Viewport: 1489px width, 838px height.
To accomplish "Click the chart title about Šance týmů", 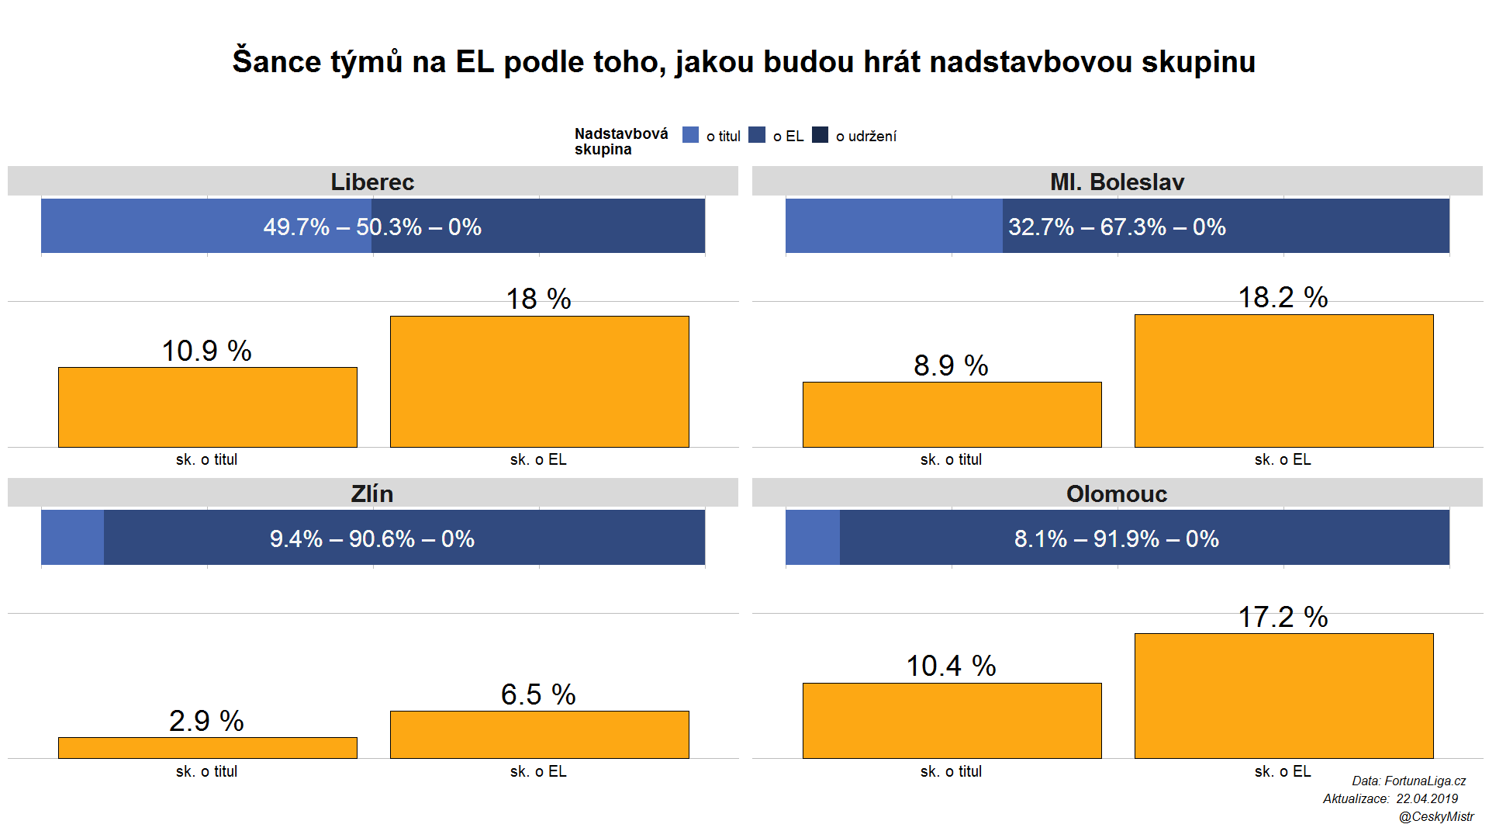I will click(744, 62).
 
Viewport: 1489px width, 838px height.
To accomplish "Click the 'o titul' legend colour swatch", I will click(690, 135).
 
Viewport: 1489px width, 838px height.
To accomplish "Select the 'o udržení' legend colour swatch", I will click(820, 135).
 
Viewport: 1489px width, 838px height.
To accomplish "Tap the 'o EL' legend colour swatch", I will click(757, 135).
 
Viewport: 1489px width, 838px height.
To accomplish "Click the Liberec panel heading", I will click(372, 182).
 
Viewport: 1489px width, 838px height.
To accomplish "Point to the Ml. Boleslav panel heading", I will click(1117, 182).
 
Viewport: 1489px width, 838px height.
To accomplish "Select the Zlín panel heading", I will click(372, 493).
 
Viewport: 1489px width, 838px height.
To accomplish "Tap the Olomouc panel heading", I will click(1117, 493).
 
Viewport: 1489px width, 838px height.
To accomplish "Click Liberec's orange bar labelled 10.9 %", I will click(208, 407).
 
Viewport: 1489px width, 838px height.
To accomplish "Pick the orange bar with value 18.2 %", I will click(1283, 381).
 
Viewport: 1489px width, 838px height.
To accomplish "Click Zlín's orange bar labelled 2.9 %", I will click(208, 748).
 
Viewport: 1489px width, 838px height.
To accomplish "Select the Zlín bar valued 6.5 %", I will click(539, 735).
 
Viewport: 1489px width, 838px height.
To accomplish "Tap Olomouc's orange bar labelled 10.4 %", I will click(952, 721).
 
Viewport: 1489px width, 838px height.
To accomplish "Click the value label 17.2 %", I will click(1283, 618).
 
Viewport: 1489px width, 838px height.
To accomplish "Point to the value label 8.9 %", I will click(951, 365).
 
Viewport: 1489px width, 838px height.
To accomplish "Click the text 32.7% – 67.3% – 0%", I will click(1117, 227).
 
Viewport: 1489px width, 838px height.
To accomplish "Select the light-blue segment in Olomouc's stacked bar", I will click(813, 537).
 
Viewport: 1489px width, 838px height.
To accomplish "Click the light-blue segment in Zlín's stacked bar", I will click(72, 537).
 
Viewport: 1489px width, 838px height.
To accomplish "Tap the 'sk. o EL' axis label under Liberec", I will click(538, 459).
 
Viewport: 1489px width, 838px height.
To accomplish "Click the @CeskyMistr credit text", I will click(1436, 816).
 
